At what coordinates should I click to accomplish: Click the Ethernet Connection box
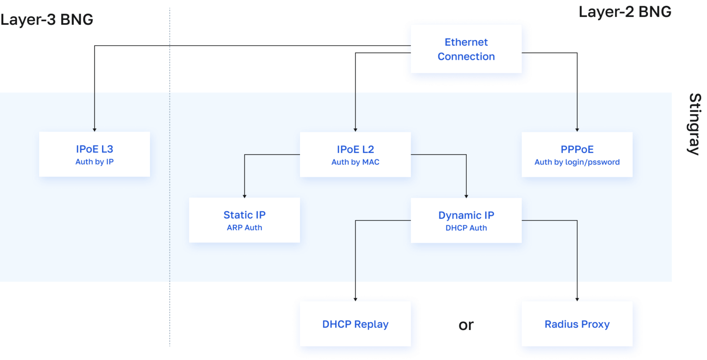(x=466, y=49)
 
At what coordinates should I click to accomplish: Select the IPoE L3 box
(x=94, y=154)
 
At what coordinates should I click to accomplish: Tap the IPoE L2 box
(x=355, y=154)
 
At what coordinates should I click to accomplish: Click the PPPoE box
(x=577, y=154)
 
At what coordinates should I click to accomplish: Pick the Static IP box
(x=244, y=220)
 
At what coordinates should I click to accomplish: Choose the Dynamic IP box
(x=466, y=220)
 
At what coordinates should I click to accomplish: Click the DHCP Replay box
(x=355, y=324)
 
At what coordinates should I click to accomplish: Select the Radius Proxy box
(x=577, y=324)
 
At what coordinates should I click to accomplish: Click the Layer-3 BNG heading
(x=47, y=20)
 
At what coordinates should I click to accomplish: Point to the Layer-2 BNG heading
(x=625, y=12)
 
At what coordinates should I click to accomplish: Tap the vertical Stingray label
(x=695, y=124)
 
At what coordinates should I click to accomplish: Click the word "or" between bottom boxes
(x=466, y=325)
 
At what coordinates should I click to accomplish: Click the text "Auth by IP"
(x=94, y=162)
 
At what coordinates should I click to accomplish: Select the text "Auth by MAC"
(x=355, y=162)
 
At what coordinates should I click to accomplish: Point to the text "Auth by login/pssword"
(x=577, y=162)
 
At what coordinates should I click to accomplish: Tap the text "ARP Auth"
(x=244, y=227)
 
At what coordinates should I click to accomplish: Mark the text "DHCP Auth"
(x=466, y=227)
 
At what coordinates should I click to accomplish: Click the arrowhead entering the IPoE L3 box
(x=94, y=130)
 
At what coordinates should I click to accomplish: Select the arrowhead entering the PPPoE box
(x=577, y=130)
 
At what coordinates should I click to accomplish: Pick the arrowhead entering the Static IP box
(x=244, y=196)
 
